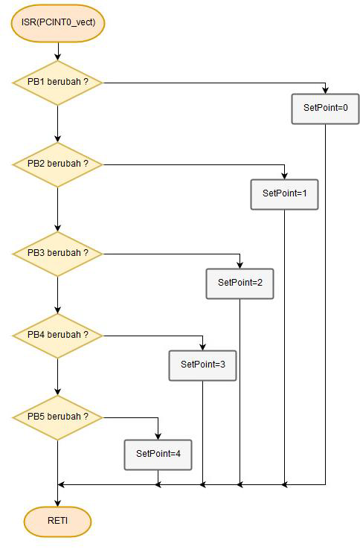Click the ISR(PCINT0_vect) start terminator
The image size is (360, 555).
[x=58, y=23]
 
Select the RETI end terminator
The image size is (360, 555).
[x=58, y=522]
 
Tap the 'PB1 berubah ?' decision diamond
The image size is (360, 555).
[x=58, y=83]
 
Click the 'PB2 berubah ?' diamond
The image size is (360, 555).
[x=58, y=164]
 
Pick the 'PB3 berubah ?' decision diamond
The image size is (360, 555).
[x=58, y=254]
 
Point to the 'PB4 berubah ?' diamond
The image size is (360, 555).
[x=58, y=336]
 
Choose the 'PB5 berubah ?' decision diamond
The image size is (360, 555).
[x=58, y=417]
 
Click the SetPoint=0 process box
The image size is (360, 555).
[x=325, y=109]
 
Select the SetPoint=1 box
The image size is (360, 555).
[x=284, y=194]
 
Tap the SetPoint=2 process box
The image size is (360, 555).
[x=240, y=283]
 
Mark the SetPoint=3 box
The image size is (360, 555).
[x=202, y=365]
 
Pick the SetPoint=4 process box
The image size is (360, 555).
[x=158, y=455]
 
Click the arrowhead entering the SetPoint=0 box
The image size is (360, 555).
[x=325, y=91]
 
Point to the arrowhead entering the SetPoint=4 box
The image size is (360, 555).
[x=158, y=437]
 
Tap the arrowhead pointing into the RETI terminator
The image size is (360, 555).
[x=58, y=504]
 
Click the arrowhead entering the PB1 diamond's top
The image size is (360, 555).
[x=58, y=57]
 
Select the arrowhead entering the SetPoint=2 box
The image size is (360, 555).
[x=240, y=266]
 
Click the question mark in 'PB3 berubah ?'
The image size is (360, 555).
[x=86, y=253]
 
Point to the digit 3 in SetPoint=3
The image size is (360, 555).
[x=222, y=365]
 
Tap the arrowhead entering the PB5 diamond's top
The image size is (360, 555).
[x=58, y=392]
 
